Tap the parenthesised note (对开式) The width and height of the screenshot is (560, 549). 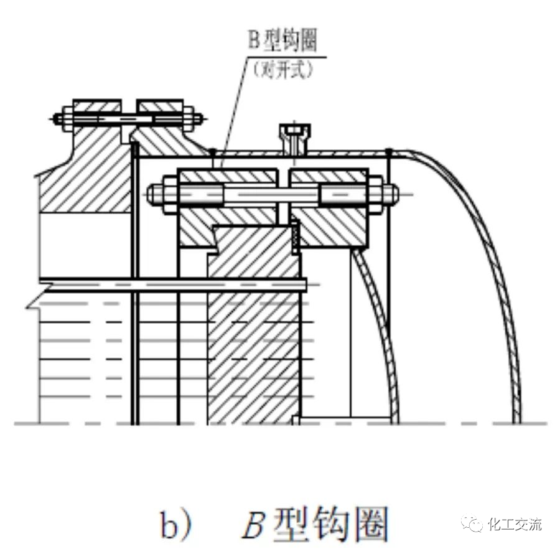[x=283, y=70]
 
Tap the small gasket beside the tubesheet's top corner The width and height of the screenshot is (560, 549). [x=296, y=237]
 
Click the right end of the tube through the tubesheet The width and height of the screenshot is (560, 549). [x=305, y=285]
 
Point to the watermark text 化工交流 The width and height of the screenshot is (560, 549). [x=515, y=523]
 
